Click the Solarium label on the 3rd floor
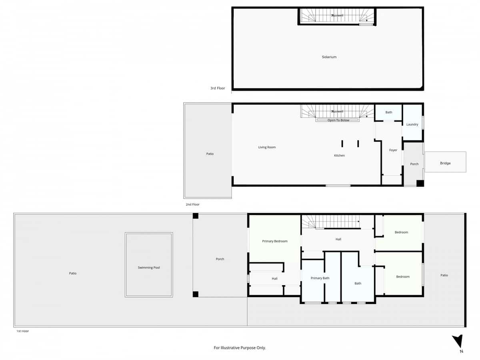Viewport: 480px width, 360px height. pos(329,57)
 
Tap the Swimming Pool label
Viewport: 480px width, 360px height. pos(149,268)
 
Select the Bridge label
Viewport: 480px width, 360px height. pos(445,163)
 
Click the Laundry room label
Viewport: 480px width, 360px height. pos(412,124)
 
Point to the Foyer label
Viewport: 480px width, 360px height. pos(393,150)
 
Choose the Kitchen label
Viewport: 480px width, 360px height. pos(339,156)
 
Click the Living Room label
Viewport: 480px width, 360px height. pos(267,148)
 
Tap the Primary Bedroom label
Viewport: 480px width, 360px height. pos(275,241)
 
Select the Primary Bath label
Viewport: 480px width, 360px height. pos(320,278)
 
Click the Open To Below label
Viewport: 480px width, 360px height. pos(338,120)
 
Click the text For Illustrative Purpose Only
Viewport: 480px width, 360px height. pos(240,348)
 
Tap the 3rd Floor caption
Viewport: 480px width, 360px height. pos(218,88)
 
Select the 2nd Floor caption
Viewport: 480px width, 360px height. pos(192,204)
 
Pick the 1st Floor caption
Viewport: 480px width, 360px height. pos(22,331)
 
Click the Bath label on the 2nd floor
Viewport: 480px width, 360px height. pos(389,112)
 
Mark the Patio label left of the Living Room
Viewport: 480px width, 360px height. pos(210,154)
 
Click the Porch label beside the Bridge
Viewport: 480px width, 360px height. pos(414,164)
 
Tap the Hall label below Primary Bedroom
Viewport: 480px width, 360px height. pos(274,279)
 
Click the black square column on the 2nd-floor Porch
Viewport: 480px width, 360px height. pos(420,183)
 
